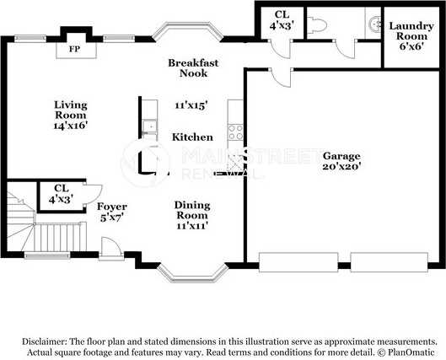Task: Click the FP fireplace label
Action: [x=74, y=49]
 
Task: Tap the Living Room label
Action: [x=71, y=110]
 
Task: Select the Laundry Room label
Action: [x=411, y=31]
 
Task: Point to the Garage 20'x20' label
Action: [x=341, y=161]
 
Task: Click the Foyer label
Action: [x=112, y=207]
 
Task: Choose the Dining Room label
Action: [x=192, y=210]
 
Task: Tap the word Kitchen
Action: [x=192, y=137]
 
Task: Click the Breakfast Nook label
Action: [x=193, y=67]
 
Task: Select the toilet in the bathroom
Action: [x=316, y=25]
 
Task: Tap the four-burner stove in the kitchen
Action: [x=236, y=132]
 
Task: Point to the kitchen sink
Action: [x=149, y=126]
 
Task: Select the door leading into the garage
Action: [x=280, y=78]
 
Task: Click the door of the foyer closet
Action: [x=93, y=195]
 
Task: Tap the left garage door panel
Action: [x=298, y=262]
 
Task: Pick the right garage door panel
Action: [x=390, y=262]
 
